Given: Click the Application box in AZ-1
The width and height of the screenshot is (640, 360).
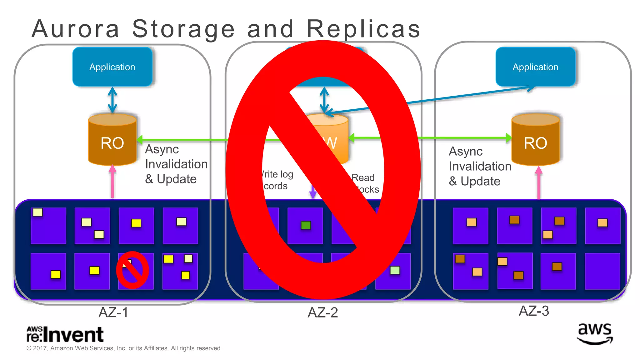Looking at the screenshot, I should (112, 67).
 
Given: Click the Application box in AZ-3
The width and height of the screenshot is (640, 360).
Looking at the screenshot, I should (535, 67).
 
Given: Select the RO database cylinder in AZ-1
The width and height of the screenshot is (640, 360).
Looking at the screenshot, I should (112, 140).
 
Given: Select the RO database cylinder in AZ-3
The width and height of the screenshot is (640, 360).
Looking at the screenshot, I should (535, 140).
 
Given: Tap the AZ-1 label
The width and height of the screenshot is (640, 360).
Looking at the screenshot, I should (113, 312).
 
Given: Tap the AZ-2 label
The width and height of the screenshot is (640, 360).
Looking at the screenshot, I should (322, 312).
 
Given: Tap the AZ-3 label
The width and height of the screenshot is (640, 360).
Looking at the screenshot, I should (533, 311).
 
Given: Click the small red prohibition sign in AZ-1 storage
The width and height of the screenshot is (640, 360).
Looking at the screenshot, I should (132, 270).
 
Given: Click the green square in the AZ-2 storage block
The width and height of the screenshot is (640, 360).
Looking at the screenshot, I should (306, 225).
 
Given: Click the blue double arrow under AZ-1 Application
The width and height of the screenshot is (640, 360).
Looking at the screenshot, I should (112, 100).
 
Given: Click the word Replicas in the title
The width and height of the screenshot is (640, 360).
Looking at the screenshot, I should (363, 29).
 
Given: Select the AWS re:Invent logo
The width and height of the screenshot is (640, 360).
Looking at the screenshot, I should (65, 334).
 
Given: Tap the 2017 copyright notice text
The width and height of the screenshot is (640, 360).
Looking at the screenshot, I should (124, 348).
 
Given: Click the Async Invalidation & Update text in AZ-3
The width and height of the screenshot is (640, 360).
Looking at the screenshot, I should (480, 166).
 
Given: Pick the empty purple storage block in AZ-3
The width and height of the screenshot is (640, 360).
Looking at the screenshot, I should (602, 271).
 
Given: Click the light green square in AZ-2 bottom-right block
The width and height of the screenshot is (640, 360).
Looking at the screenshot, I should (395, 270).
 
